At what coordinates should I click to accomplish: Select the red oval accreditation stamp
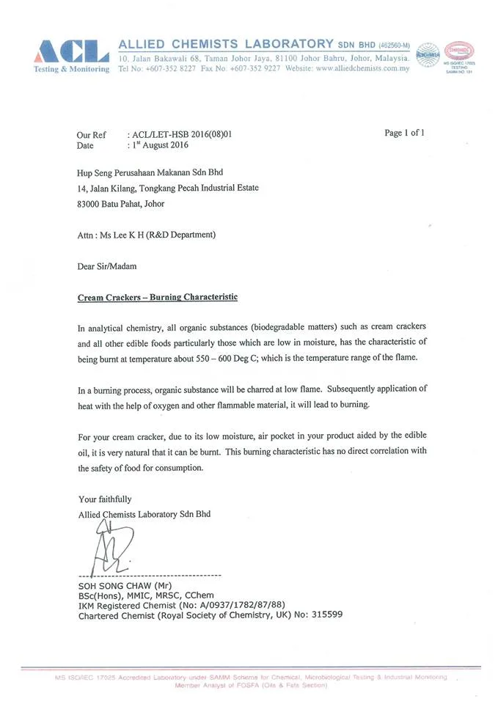coord(459,51)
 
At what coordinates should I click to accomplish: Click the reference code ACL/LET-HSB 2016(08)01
coord(184,135)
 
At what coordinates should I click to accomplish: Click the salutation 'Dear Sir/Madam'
coord(106,266)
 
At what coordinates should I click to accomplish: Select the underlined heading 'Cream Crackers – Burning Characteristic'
coord(158,298)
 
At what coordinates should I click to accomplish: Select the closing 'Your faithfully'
coord(105,499)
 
